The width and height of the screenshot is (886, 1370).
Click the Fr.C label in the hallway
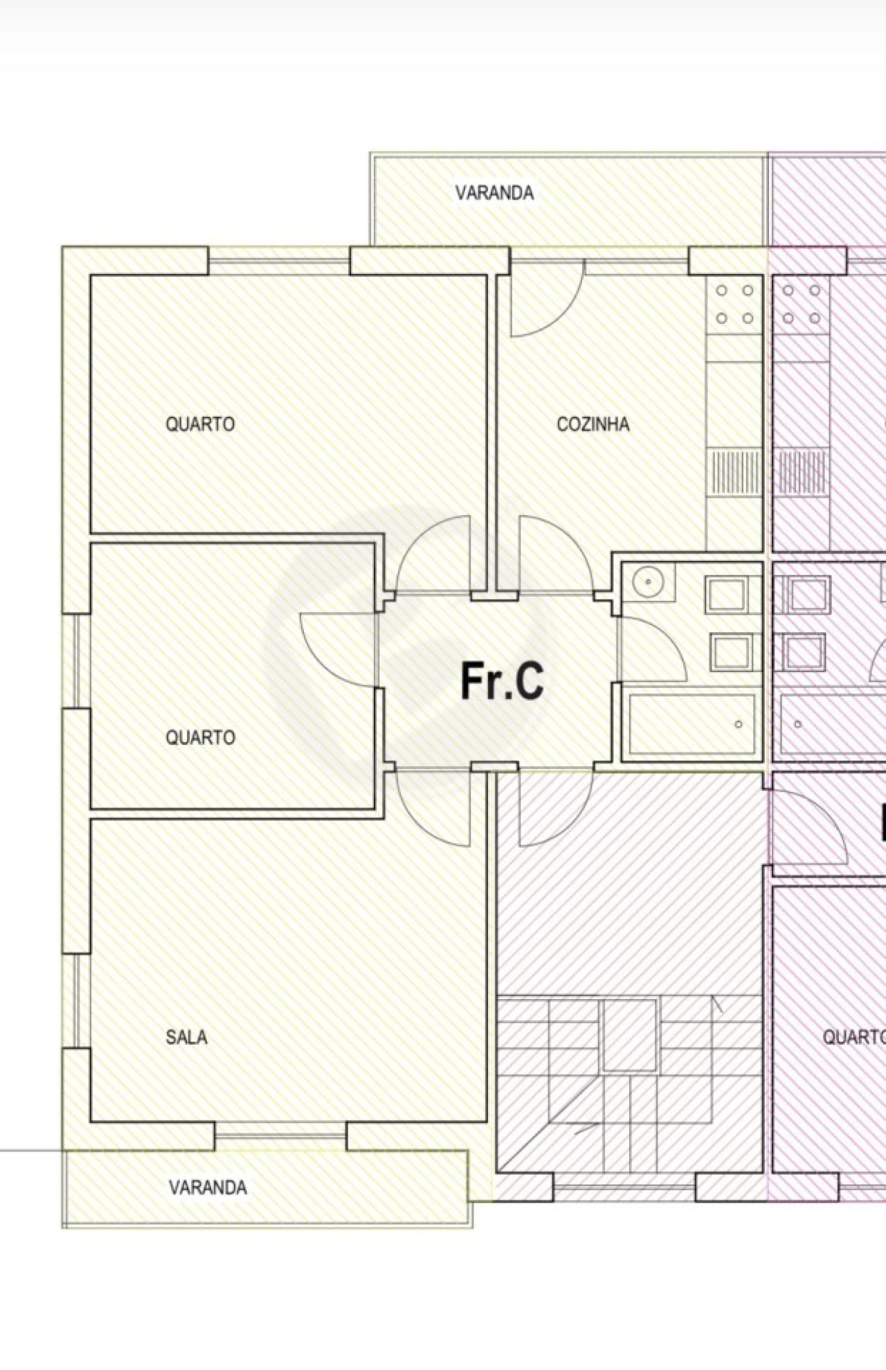(x=502, y=681)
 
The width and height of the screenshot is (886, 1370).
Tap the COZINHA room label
(x=593, y=424)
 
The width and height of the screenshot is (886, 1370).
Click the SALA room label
(x=186, y=1037)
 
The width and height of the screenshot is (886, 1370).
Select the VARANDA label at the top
(x=494, y=193)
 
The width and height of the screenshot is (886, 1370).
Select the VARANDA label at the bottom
(x=208, y=1188)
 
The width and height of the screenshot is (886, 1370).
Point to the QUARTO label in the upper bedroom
(x=200, y=424)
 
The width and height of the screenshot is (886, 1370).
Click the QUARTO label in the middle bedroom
(x=200, y=737)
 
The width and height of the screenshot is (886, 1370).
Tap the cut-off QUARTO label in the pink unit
(x=853, y=1037)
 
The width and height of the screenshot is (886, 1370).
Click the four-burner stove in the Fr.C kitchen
(x=734, y=305)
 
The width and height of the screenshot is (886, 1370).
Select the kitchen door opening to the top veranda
(x=547, y=305)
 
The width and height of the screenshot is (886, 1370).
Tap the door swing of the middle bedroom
(x=336, y=649)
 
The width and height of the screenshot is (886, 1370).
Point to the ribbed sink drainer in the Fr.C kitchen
(x=734, y=471)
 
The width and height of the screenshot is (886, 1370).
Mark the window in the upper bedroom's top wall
(x=279, y=261)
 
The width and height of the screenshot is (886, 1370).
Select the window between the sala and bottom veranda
(x=280, y=1136)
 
